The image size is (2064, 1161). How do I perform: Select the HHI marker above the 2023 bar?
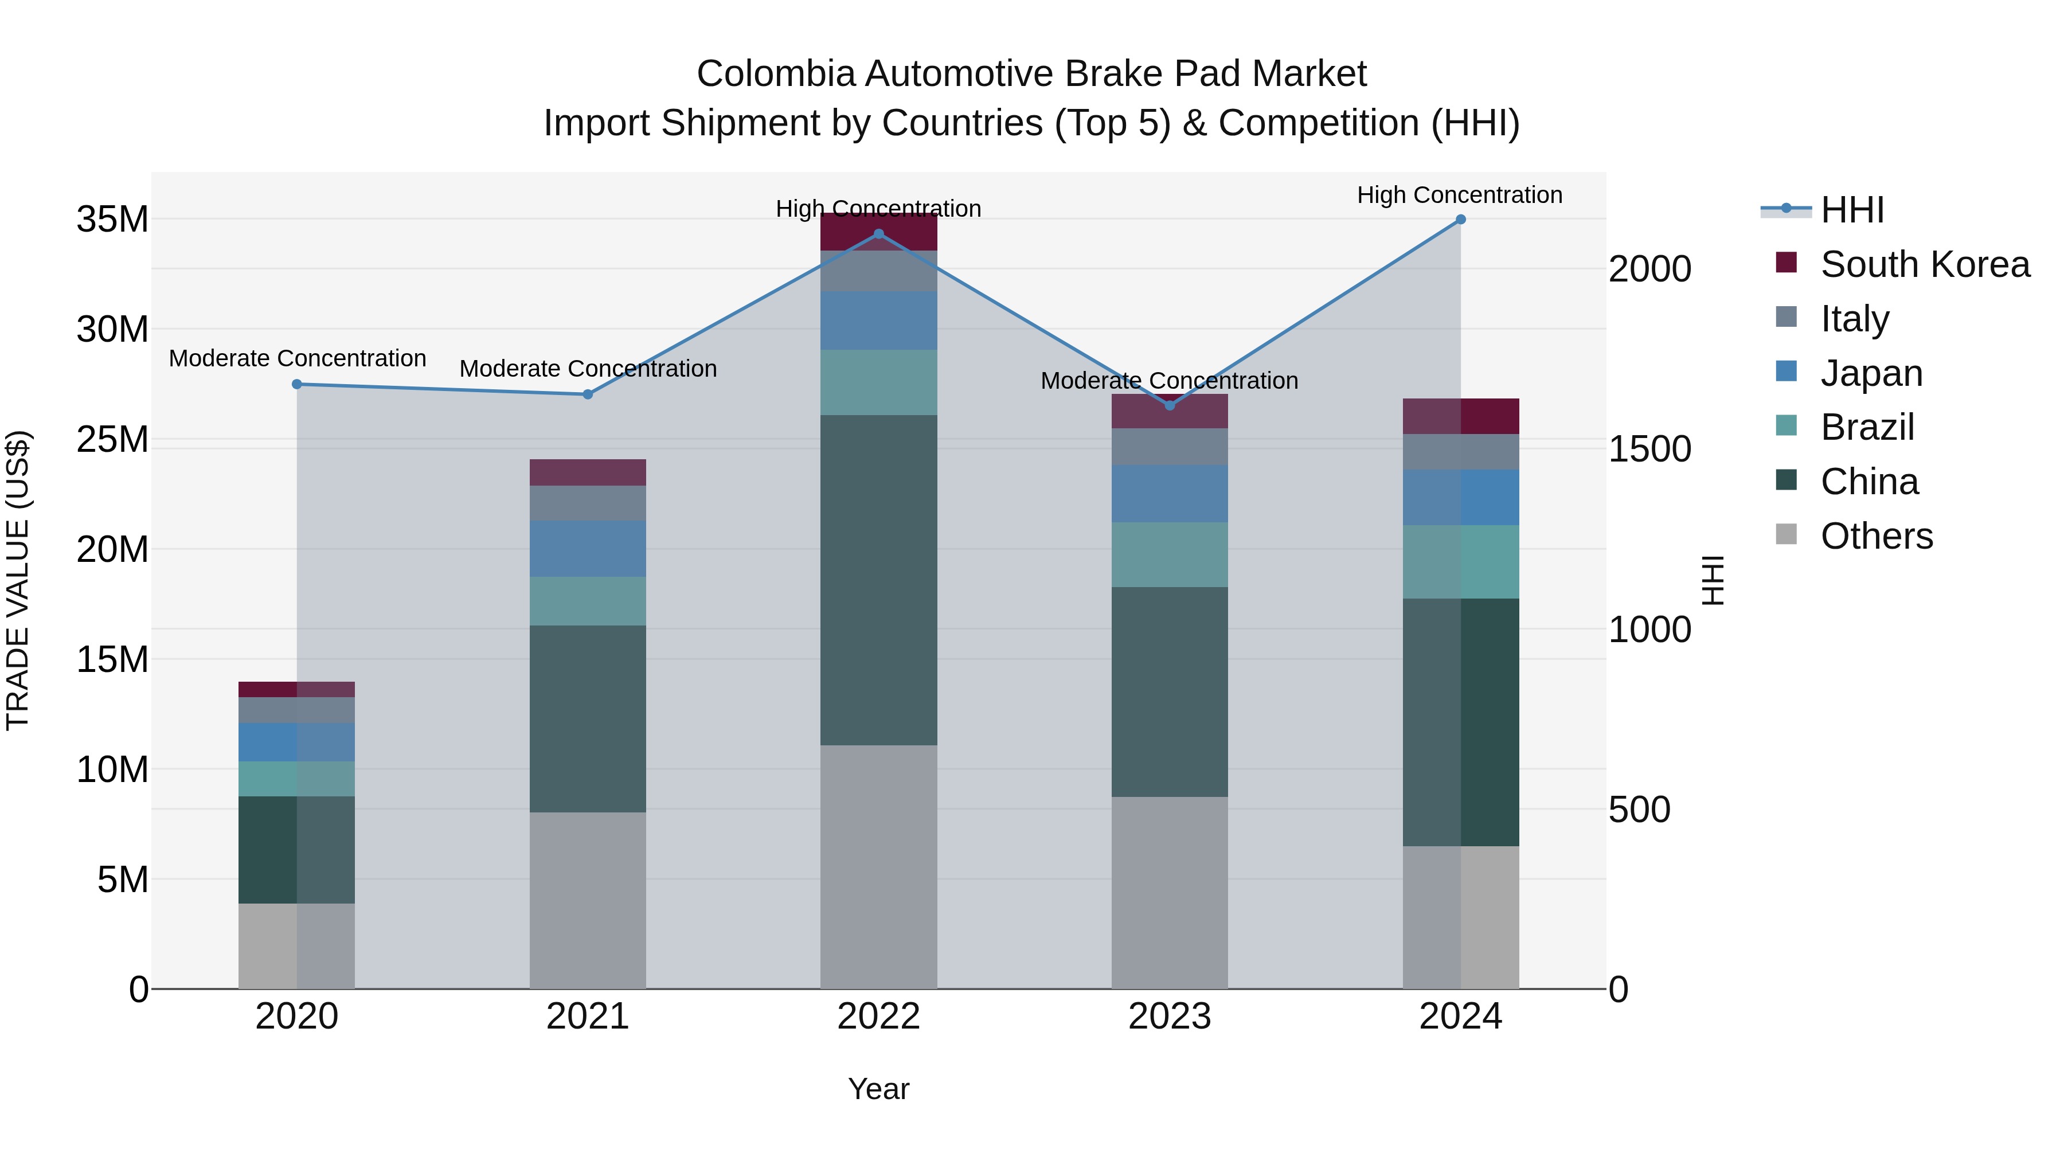(x=1169, y=405)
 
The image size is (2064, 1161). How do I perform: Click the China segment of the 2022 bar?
(x=878, y=580)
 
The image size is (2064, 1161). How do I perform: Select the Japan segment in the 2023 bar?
(x=1169, y=494)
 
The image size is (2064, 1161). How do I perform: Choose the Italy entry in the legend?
(x=1854, y=319)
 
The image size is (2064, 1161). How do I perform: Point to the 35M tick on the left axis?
(x=112, y=220)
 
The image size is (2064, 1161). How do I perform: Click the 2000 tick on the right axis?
(x=1649, y=269)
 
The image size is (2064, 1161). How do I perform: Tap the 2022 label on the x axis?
(x=878, y=1017)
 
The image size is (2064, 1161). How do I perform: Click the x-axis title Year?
(x=878, y=1089)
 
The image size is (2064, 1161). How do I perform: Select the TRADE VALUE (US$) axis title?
(x=18, y=580)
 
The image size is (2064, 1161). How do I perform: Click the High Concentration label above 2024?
(x=1459, y=195)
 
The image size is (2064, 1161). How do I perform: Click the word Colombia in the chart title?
(x=776, y=75)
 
